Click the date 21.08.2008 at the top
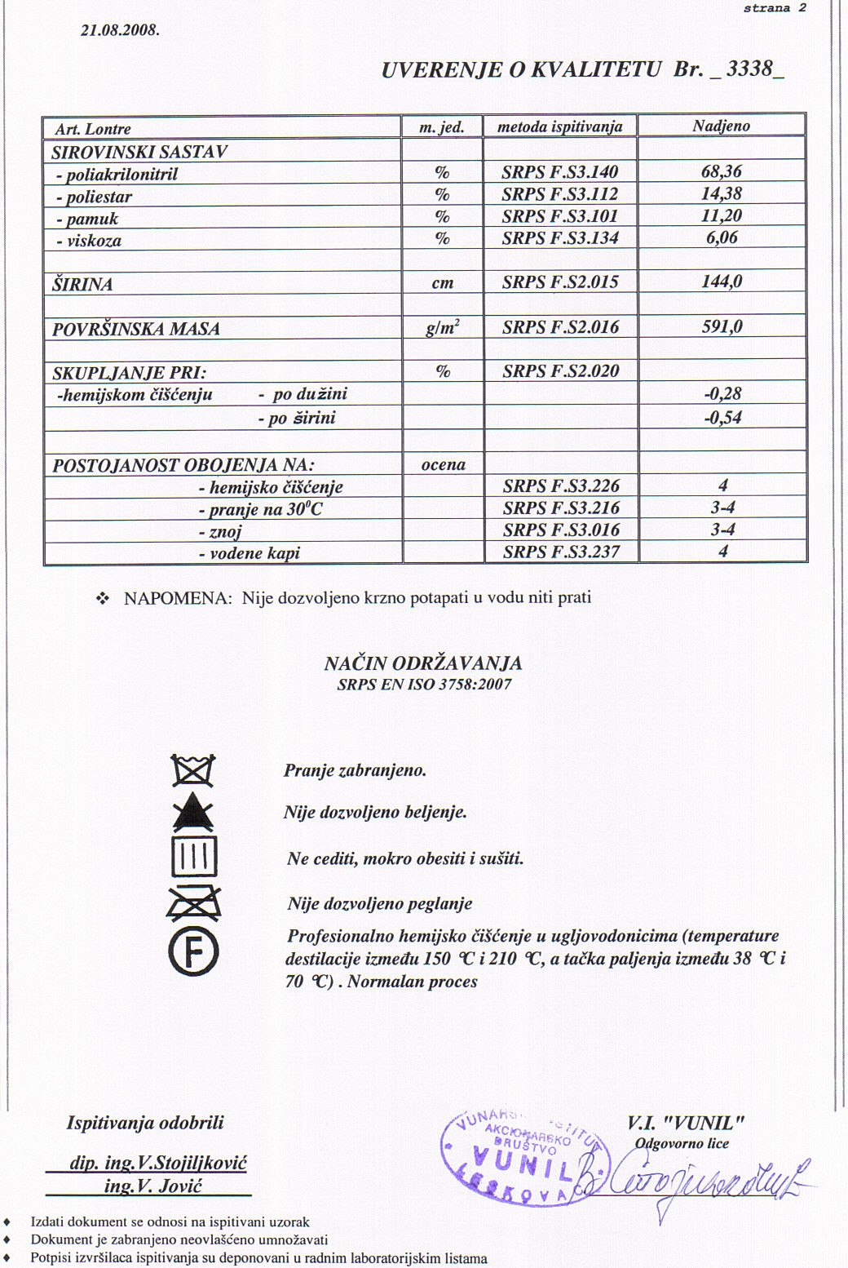[x=121, y=31]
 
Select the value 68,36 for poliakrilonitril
[x=722, y=171]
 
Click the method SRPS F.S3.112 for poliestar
[x=560, y=194]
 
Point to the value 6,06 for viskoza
[x=722, y=237]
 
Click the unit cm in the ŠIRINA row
[x=443, y=283]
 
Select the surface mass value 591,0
[x=722, y=326]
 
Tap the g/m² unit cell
[x=443, y=327]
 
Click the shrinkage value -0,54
[x=722, y=417]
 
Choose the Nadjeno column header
[x=721, y=126]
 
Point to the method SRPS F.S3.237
[x=561, y=552]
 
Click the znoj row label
[x=220, y=531]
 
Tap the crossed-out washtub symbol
[x=193, y=770]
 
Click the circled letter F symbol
[x=193, y=951]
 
